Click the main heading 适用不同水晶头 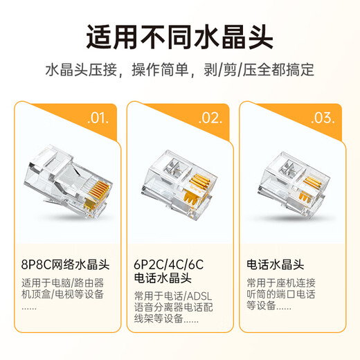[x=179, y=35]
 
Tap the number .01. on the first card [x=98, y=118]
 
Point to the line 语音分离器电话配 [x=176, y=309]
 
